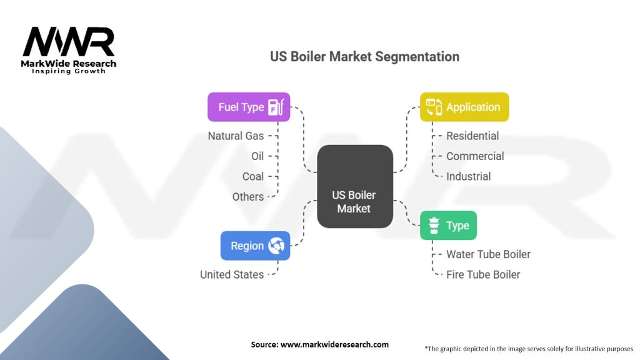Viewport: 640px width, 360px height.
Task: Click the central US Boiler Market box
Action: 354,186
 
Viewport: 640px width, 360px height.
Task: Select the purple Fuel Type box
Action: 249,107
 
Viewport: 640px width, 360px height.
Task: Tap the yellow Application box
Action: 464,107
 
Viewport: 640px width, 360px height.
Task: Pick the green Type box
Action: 448,226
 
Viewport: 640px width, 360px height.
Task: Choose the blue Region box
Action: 255,246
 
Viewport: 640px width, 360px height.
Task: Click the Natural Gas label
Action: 236,136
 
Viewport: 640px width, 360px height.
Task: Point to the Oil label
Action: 257,156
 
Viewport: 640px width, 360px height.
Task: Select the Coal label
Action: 253,176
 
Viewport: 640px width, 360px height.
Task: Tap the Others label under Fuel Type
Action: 248,196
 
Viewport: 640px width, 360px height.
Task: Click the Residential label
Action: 472,136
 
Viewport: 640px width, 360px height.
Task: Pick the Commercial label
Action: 475,156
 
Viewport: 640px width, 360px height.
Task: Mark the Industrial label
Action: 468,176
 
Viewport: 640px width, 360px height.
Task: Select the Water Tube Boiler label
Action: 488,254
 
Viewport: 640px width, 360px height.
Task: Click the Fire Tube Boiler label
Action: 483,274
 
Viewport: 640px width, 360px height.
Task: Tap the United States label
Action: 232,274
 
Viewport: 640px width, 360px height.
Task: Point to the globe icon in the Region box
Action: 276,246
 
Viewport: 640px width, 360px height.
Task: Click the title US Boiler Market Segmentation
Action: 364,56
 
